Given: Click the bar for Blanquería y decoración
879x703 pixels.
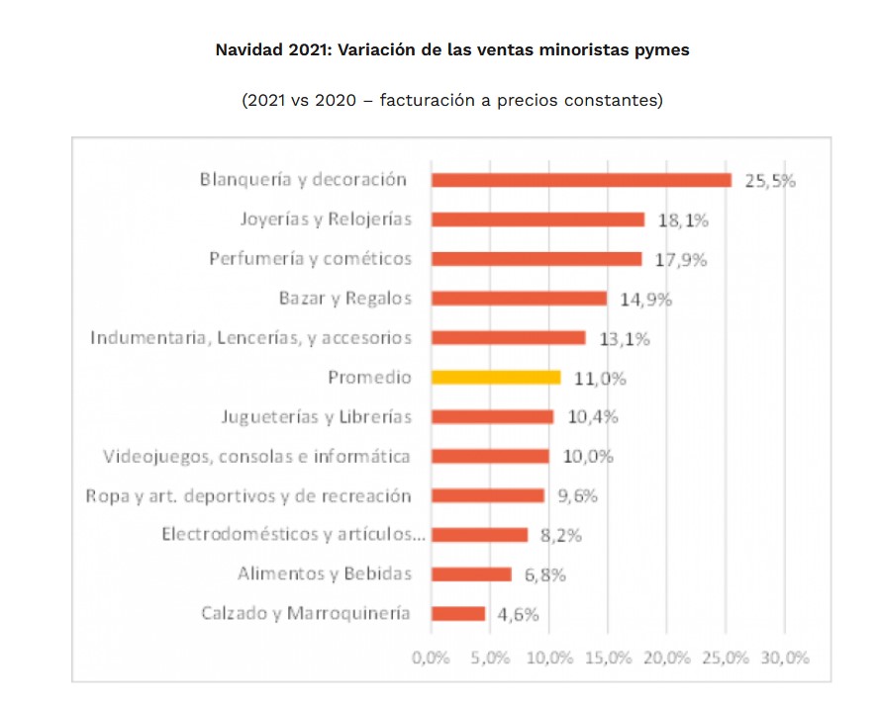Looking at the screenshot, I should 581,180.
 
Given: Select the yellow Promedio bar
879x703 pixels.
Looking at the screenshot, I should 496,377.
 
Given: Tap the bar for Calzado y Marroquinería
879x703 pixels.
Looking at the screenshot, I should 458,614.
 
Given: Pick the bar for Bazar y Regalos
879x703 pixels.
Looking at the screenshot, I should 519,298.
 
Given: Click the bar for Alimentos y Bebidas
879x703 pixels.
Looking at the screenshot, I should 471,574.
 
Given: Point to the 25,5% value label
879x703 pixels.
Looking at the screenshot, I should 770,181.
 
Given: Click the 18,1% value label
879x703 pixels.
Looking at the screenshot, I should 682,220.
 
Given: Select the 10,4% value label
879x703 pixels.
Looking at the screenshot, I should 592,417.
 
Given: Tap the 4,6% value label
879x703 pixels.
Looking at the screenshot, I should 518,615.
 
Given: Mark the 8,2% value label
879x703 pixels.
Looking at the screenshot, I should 560,536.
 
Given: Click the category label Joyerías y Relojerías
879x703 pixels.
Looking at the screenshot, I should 326,220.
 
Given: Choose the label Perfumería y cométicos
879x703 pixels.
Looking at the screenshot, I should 310,259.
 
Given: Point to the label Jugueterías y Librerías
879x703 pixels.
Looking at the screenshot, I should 316,416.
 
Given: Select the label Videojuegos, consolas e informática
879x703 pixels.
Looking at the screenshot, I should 257,456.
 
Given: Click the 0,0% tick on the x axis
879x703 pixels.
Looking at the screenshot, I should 431,658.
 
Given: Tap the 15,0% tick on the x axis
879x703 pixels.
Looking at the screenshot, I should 608,658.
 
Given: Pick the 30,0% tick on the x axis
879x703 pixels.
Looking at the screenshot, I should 785,658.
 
